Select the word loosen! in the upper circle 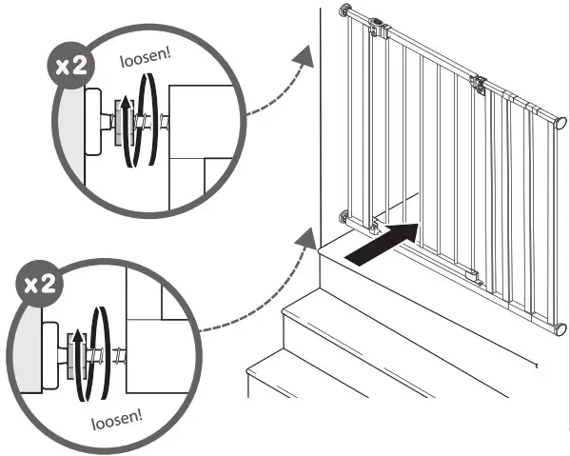point(144,58)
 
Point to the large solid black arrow point(384,242)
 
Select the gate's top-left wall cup point(344,13)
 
